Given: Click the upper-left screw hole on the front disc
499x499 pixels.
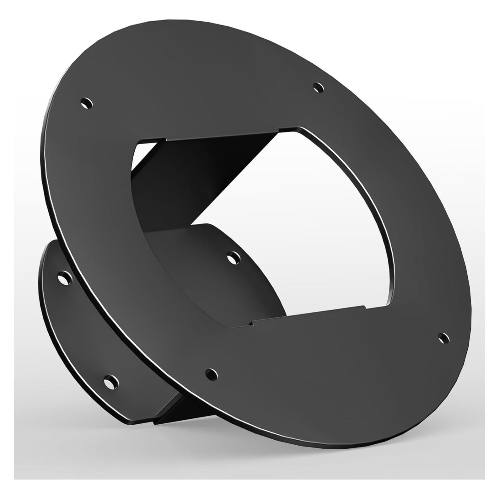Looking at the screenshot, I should click(x=86, y=103).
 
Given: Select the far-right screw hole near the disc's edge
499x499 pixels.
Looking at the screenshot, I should click(x=443, y=338).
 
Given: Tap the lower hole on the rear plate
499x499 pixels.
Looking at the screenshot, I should click(x=111, y=382).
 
